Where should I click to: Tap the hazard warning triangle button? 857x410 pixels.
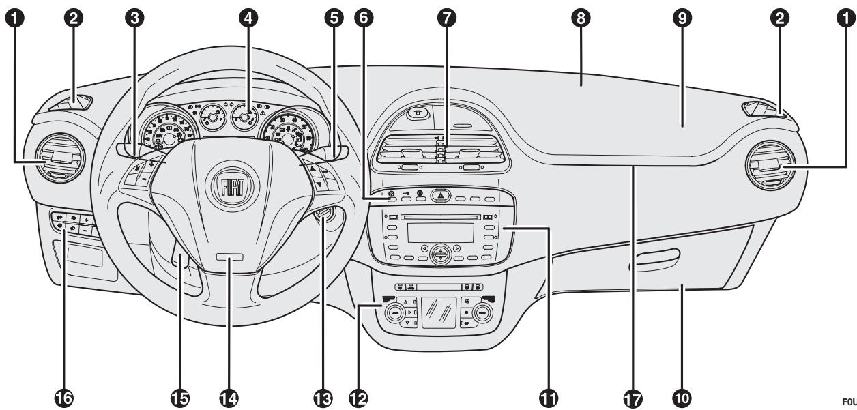(440, 195)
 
